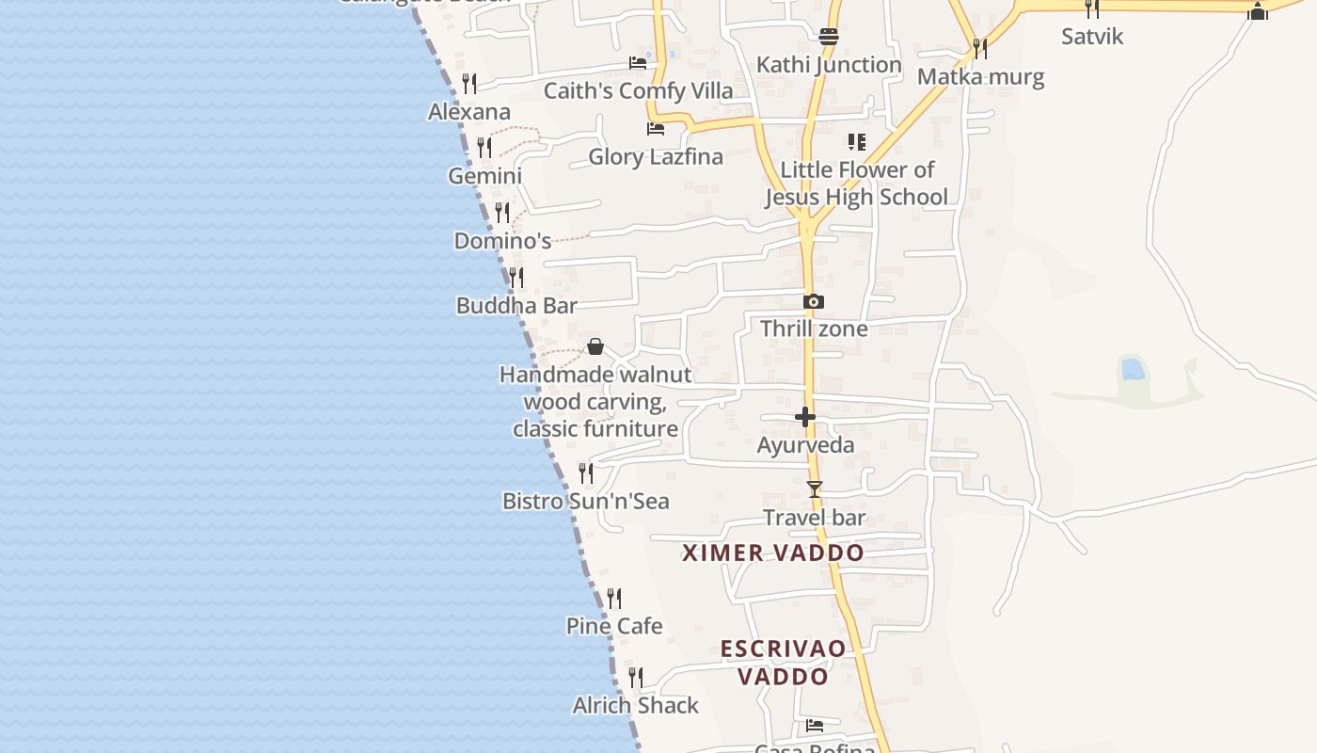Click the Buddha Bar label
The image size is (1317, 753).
click(516, 306)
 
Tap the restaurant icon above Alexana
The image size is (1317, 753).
click(469, 84)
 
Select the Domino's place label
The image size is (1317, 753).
click(502, 241)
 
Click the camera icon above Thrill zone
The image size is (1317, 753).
click(814, 302)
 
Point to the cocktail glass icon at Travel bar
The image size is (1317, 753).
click(815, 489)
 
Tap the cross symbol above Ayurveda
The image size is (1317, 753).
click(805, 417)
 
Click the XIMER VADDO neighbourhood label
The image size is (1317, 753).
click(772, 553)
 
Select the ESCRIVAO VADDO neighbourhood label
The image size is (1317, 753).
click(783, 663)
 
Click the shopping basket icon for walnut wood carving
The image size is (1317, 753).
click(595, 347)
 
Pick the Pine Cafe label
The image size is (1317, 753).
click(614, 626)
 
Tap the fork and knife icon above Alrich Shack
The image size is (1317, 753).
click(636, 678)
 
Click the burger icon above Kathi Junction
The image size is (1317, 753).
click(829, 38)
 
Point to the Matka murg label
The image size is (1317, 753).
click(980, 77)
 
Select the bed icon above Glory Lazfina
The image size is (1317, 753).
click(656, 129)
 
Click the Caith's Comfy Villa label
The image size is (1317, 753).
click(638, 91)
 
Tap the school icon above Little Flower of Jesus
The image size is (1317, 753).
click(856, 142)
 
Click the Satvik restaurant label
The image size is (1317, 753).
click(1092, 37)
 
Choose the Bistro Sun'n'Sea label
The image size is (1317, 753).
click(586, 501)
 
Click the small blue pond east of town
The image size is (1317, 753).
click(1134, 370)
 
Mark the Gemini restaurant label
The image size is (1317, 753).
click(484, 176)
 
